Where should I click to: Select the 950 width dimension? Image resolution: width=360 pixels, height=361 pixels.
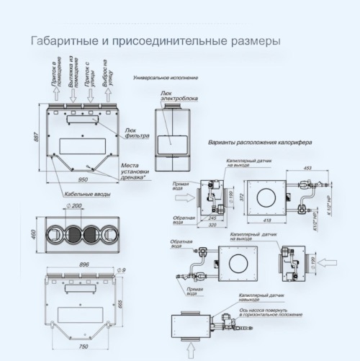click(83, 179)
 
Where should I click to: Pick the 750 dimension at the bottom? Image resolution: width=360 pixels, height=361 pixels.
click(83, 347)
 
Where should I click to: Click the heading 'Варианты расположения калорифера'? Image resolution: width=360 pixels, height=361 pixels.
click(258, 143)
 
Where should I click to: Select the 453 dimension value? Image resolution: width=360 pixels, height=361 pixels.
click(308, 169)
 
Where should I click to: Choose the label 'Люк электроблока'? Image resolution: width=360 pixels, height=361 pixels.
click(179, 96)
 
